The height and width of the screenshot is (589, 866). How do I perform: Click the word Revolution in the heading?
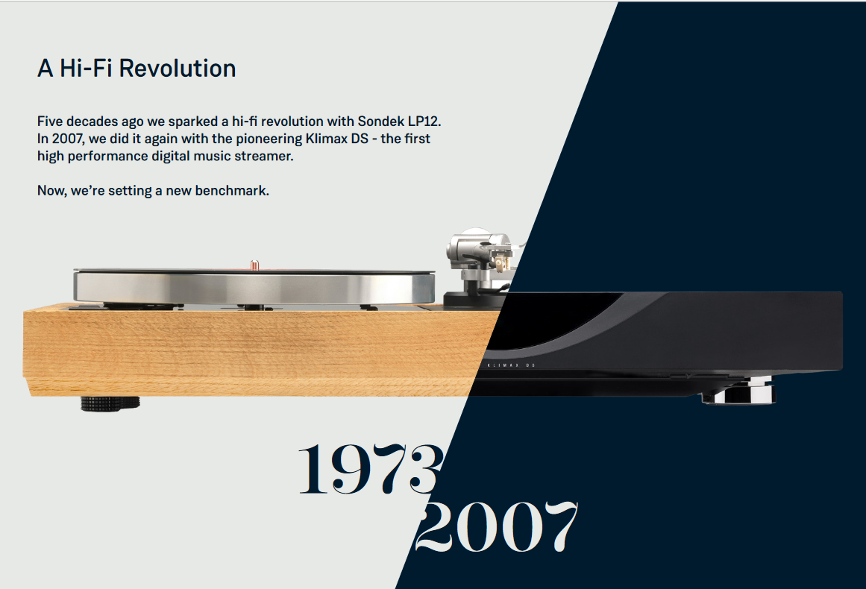coord(178,69)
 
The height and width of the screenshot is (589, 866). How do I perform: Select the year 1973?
coord(371,469)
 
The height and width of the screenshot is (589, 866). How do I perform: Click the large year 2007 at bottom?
coord(497,526)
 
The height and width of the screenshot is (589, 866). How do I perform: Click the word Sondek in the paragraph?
coord(380,122)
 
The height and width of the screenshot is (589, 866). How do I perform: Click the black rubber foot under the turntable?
coord(110,403)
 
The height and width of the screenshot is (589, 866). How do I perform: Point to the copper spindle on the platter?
coord(254,265)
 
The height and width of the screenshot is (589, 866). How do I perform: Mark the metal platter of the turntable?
coord(254,286)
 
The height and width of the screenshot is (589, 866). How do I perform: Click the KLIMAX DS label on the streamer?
coord(511,365)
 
